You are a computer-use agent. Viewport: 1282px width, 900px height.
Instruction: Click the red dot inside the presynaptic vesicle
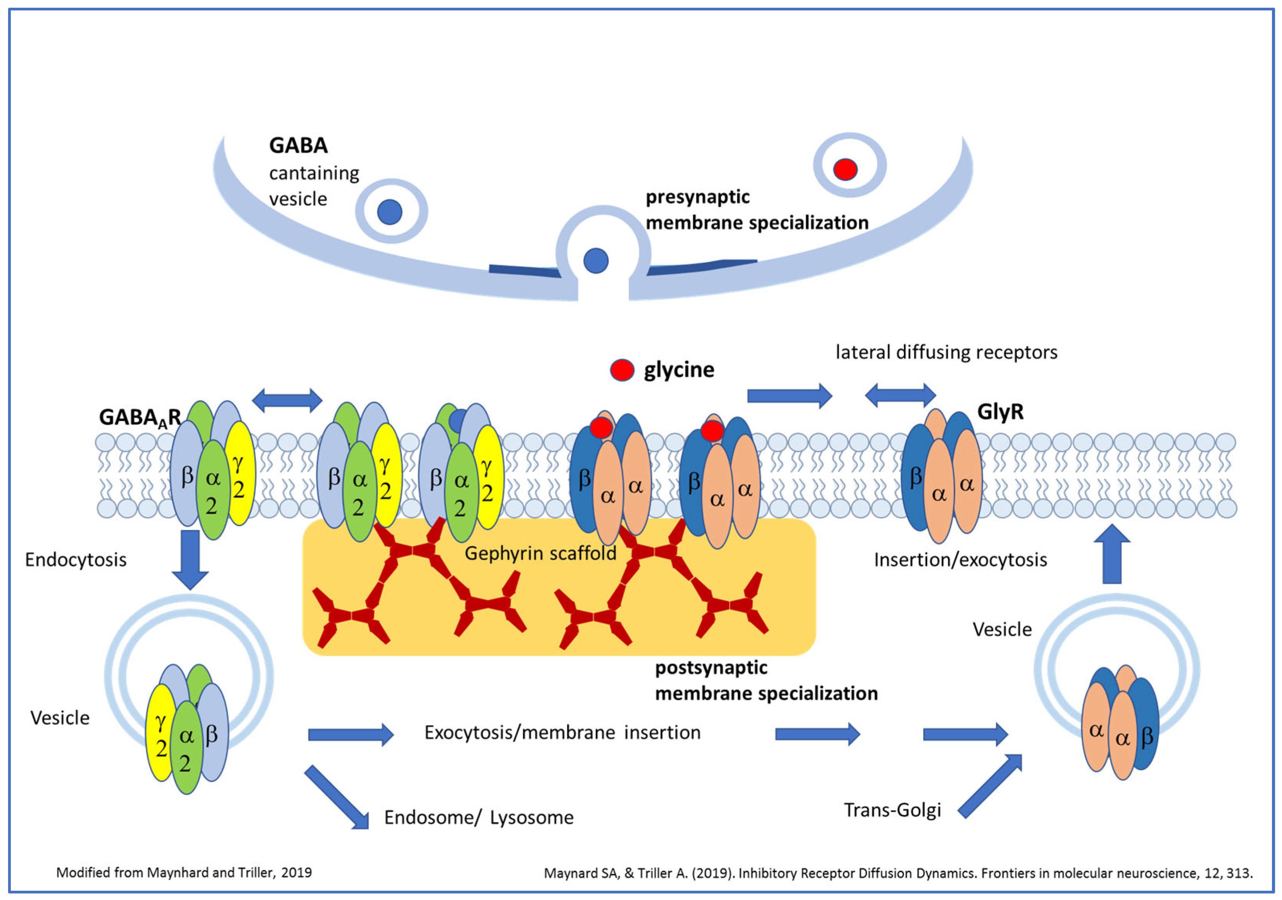point(845,169)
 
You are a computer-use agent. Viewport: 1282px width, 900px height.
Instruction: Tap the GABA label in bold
point(298,145)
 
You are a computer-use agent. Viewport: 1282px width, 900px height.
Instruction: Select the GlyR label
point(1000,412)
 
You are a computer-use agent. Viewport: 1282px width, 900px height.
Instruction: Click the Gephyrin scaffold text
point(540,553)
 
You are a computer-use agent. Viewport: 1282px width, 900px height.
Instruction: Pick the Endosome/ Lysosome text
point(478,817)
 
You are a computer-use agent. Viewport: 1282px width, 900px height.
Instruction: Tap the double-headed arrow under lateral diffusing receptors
point(900,396)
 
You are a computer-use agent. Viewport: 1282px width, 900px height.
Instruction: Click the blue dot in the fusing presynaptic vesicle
point(596,261)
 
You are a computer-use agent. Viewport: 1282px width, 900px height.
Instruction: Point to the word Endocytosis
point(76,560)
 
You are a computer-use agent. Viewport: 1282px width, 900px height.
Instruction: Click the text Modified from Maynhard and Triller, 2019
point(184,873)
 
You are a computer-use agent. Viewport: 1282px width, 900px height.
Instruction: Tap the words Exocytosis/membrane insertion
point(562,733)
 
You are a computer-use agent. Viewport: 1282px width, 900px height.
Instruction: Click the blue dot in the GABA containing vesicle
point(390,212)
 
